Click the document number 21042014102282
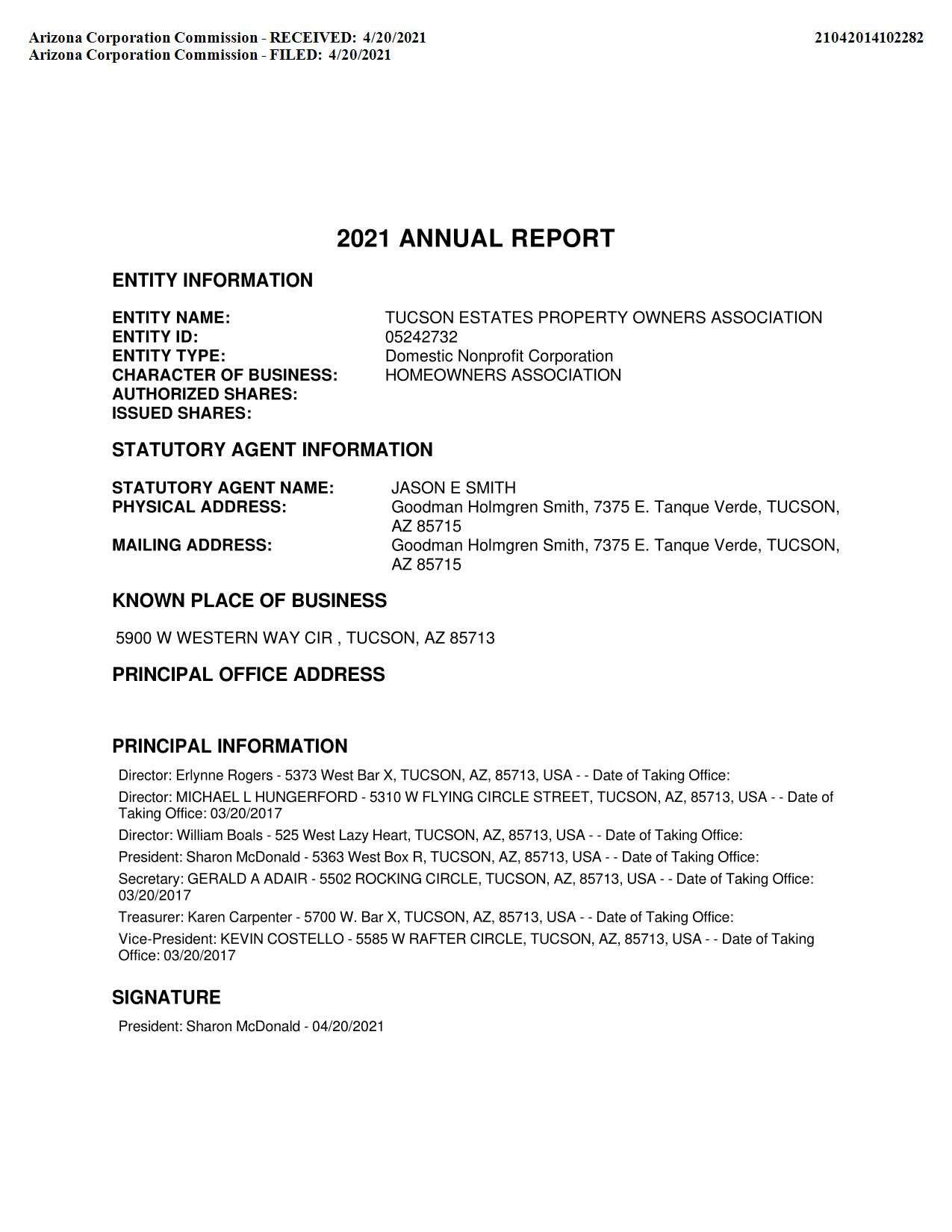pos(868,37)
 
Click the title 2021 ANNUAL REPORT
pos(476,239)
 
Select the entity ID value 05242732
pos(421,337)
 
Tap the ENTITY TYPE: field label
pos(169,356)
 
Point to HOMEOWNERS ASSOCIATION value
pos(503,375)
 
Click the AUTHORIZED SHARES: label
pos(205,394)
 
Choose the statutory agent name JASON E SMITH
pos(453,488)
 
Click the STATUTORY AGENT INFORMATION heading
pos(272,449)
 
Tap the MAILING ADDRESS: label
pos(192,545)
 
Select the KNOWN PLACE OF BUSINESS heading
pos(249,600)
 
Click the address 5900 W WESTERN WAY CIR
pos(224,638)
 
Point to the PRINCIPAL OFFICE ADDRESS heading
pos(249,674)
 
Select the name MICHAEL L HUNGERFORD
pos(267,797)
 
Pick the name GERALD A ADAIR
pos(247,879)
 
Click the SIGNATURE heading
pos(167,998)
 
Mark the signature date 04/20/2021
pos(348,1027)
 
